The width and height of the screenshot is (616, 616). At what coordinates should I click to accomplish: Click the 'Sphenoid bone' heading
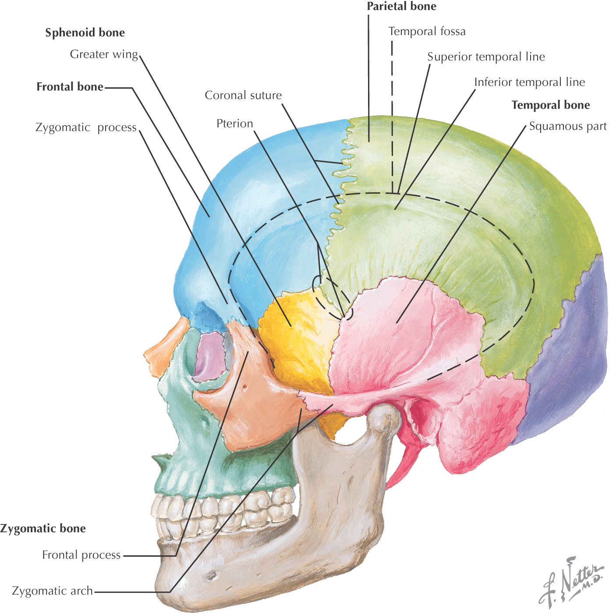pyautogui.click(x=85, y=33)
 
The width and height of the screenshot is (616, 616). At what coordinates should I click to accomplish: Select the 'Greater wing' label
pyautogui.click(x=104, y=54)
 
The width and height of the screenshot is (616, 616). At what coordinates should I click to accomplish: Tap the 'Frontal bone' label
pyautogui.click(x=70, y=87)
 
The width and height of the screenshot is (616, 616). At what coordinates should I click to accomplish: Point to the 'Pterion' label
pyautogui.click(x=235, y=124)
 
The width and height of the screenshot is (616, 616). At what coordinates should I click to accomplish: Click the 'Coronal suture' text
pyautogui.click(x=243, y=96)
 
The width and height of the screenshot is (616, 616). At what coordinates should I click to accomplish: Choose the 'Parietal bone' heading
pyautogui.click(x=401, y=7)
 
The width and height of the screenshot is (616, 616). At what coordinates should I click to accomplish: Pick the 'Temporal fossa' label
pyautogui.click(x=427, y=32)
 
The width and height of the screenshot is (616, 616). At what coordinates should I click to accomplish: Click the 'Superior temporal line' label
pyautogui.click(x=486, y=57)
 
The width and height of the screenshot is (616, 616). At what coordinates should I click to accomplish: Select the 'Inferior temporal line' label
pyautogui.click(x=529, y=82)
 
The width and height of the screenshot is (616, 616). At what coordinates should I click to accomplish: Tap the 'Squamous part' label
pyautogui.click(x=568, y=127)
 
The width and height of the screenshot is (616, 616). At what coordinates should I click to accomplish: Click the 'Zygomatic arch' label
pyautogui.click(x=53, y=591)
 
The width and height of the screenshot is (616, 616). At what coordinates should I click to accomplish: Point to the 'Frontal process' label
pyautogui.click(x=81, y=555)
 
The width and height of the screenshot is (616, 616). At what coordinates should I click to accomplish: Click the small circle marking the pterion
pyautogui.click(x=333, y=298)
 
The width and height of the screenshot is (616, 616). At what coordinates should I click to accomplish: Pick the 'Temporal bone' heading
pyautogui.click(x=551, y=105)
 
